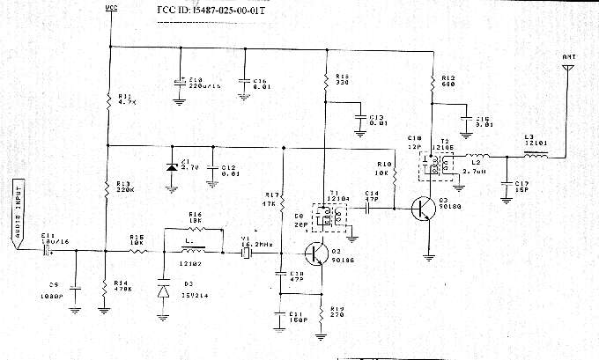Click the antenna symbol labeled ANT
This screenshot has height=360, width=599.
[x=568, y=67]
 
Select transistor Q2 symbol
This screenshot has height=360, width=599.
[x=316, y=253]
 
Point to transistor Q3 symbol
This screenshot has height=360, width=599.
[x=424, y=209]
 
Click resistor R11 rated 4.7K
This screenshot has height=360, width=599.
[x=107, y=99]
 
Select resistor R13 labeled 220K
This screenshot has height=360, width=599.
[x=107, y=187]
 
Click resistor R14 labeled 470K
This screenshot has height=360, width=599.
[x=107, y=283]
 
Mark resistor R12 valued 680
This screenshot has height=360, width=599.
[x=433, y=83]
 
